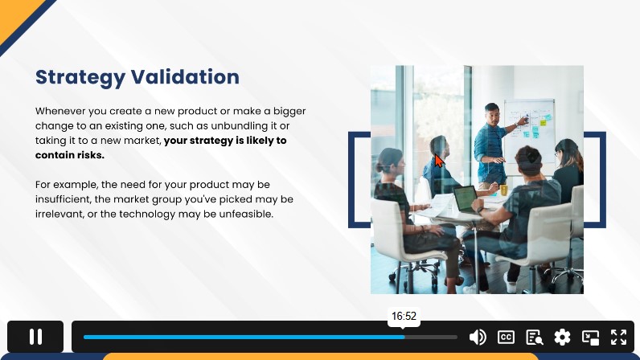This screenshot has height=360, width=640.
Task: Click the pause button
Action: [35, 337]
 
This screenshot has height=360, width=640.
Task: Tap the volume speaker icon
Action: [478, 337]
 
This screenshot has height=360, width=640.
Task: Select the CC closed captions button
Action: [506, 337]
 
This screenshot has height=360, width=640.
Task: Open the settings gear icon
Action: [562, 337]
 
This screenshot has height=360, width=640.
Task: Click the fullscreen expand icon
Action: [618, 337]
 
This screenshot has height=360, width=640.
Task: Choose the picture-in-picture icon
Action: [590, 337]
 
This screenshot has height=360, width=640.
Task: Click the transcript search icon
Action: [535, 337]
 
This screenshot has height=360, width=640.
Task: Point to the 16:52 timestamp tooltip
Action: [404, 317]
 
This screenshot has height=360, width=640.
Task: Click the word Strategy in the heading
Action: [80, 78]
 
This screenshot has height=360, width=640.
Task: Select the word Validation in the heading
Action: [185, 76]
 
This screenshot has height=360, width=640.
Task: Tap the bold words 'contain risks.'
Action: [70, 155]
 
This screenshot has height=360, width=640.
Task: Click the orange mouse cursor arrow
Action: [439, 160]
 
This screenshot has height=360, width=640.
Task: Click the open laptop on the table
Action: [466, 198]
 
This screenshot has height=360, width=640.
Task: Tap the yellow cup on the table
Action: [503, 190]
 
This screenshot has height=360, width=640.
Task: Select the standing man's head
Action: [492, 114]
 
